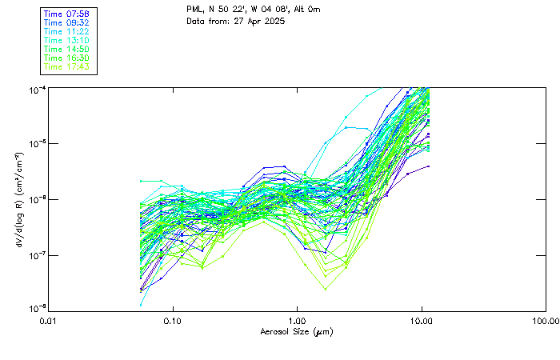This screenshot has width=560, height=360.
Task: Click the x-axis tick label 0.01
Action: tap(48, 321)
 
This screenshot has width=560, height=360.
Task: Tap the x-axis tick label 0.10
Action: tap(172, 321)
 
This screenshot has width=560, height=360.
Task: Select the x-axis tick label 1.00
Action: tap(297, 321)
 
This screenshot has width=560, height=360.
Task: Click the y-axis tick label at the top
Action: tap(37, 88)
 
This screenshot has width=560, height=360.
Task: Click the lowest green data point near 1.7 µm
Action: tap(325, 288)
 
